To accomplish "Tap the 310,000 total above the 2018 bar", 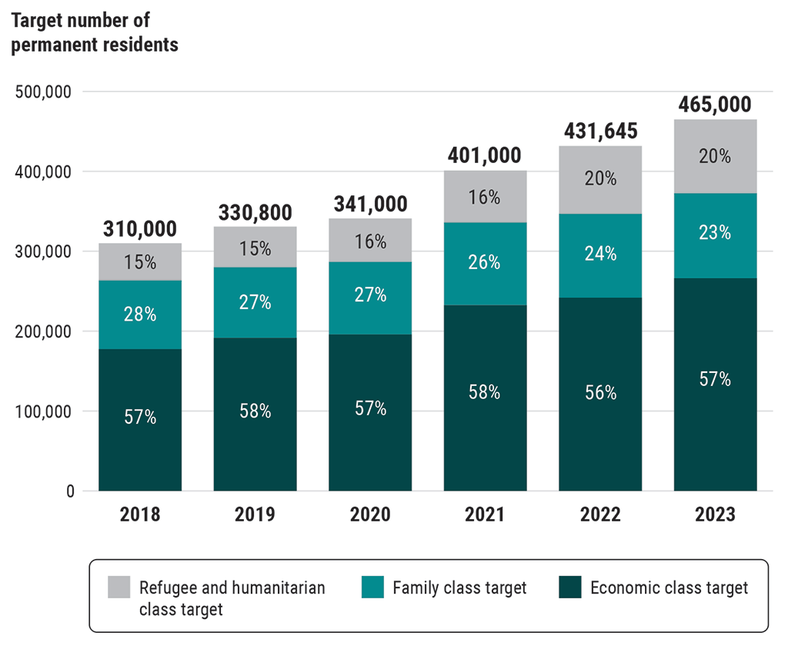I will click(140, 228).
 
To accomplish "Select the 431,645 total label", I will click(600, 131).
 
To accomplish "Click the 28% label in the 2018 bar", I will click(140, 314).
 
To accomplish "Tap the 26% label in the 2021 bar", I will click(485, 262).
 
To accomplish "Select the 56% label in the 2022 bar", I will click(600, 392).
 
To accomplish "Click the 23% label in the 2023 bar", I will click(715, 232).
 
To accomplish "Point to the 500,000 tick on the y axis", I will click(43, 92).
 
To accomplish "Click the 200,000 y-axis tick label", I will click(43, 331).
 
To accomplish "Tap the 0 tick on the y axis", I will click(69, 491).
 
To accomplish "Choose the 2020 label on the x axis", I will click(370, 514).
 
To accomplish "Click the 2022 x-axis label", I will click(600, 514).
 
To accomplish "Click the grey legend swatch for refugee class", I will click(119, 587).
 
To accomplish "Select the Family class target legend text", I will click(459, 588).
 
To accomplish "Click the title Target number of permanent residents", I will click(94, 32).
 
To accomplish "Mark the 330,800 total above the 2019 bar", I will click(255, 212).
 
